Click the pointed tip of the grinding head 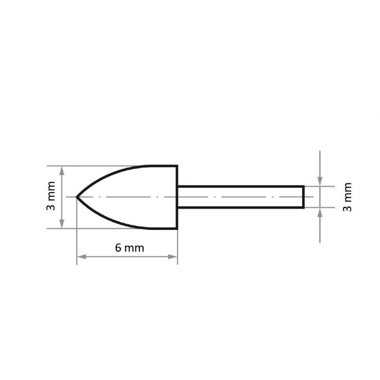click(77, 197)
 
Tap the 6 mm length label click(129, 247)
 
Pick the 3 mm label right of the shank click(348, 197)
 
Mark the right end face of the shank click(303, 197)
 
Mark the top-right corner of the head click(177, 166)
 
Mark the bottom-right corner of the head click(177, 228)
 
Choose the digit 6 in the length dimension click(118, 247)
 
